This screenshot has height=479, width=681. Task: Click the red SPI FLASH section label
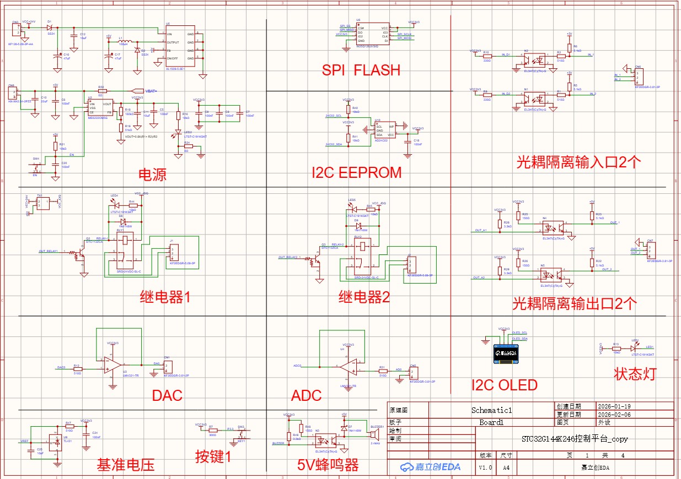(361, 70)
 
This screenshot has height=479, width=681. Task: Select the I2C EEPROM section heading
(356, 172)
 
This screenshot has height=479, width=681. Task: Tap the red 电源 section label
(152, 175)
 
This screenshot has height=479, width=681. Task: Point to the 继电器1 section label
(165, 297)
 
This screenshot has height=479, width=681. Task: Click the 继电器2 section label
(364, 297)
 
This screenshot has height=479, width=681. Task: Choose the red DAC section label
(167, 395)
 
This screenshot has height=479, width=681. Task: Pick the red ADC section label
(306, 395)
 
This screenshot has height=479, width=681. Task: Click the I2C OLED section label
(504, 385)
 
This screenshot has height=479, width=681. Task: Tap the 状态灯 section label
(635, 374)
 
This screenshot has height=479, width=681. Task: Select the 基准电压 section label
(126, 465)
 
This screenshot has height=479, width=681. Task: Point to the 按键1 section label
(213, 456)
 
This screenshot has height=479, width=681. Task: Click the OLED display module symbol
(506, 352)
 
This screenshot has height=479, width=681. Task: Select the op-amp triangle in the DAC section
(112, 364)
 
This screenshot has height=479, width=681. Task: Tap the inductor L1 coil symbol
(126, 42)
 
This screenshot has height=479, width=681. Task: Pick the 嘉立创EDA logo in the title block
(431, 467)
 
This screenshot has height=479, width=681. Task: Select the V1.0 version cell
(486, 467)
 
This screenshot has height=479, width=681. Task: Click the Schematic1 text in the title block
(491, 410)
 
